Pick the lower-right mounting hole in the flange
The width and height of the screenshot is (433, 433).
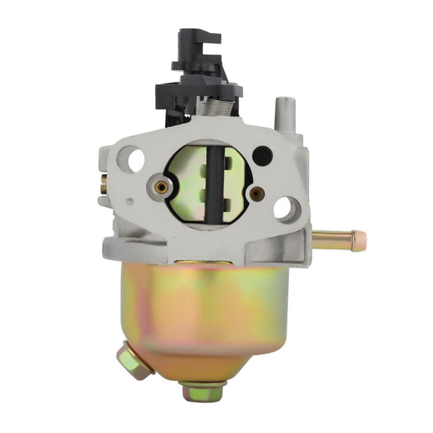(x=286, y=208)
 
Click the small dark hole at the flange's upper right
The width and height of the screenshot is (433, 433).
(x=262, y=155)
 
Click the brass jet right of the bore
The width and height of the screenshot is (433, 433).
(x=256, y=193)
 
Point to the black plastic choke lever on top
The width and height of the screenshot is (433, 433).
(x=198, y=52)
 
